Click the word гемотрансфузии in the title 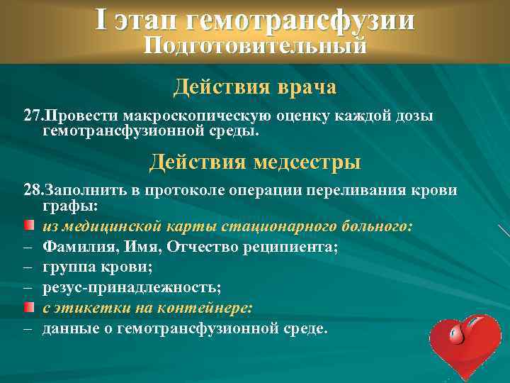(x=300, y=21)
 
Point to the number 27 (x=32, y=115)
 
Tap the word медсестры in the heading (x=305, y=162)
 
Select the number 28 (x=33, y=191)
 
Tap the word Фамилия (x=75, y=247)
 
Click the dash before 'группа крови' (x=28, y=268)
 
